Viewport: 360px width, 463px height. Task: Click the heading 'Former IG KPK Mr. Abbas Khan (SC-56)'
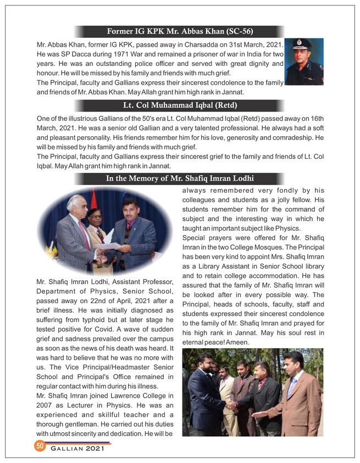pyautogui.click(x=180, y=31)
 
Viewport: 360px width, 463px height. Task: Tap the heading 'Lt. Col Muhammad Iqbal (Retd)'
pyautogui.click(x=180, y=105)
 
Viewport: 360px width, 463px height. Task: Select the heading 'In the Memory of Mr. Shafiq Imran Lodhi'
pyautogui.click(x=180, y=178)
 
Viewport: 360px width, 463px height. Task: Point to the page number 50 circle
pyautogui.click(x=40, y=446)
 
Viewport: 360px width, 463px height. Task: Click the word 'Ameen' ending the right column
pyautogui.click(x=238, y=342)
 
